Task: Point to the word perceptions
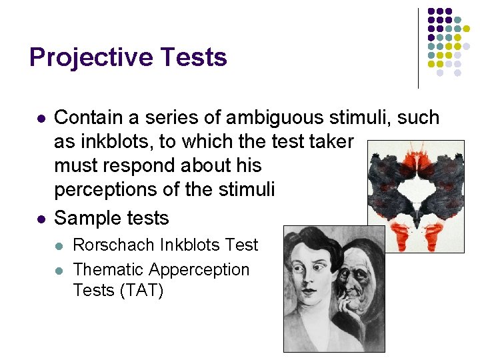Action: [111, 189]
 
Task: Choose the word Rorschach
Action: [114, 245]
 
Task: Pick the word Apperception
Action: [199, 269]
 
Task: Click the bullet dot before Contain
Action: [40, 119]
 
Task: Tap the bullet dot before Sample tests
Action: [40, 219]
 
